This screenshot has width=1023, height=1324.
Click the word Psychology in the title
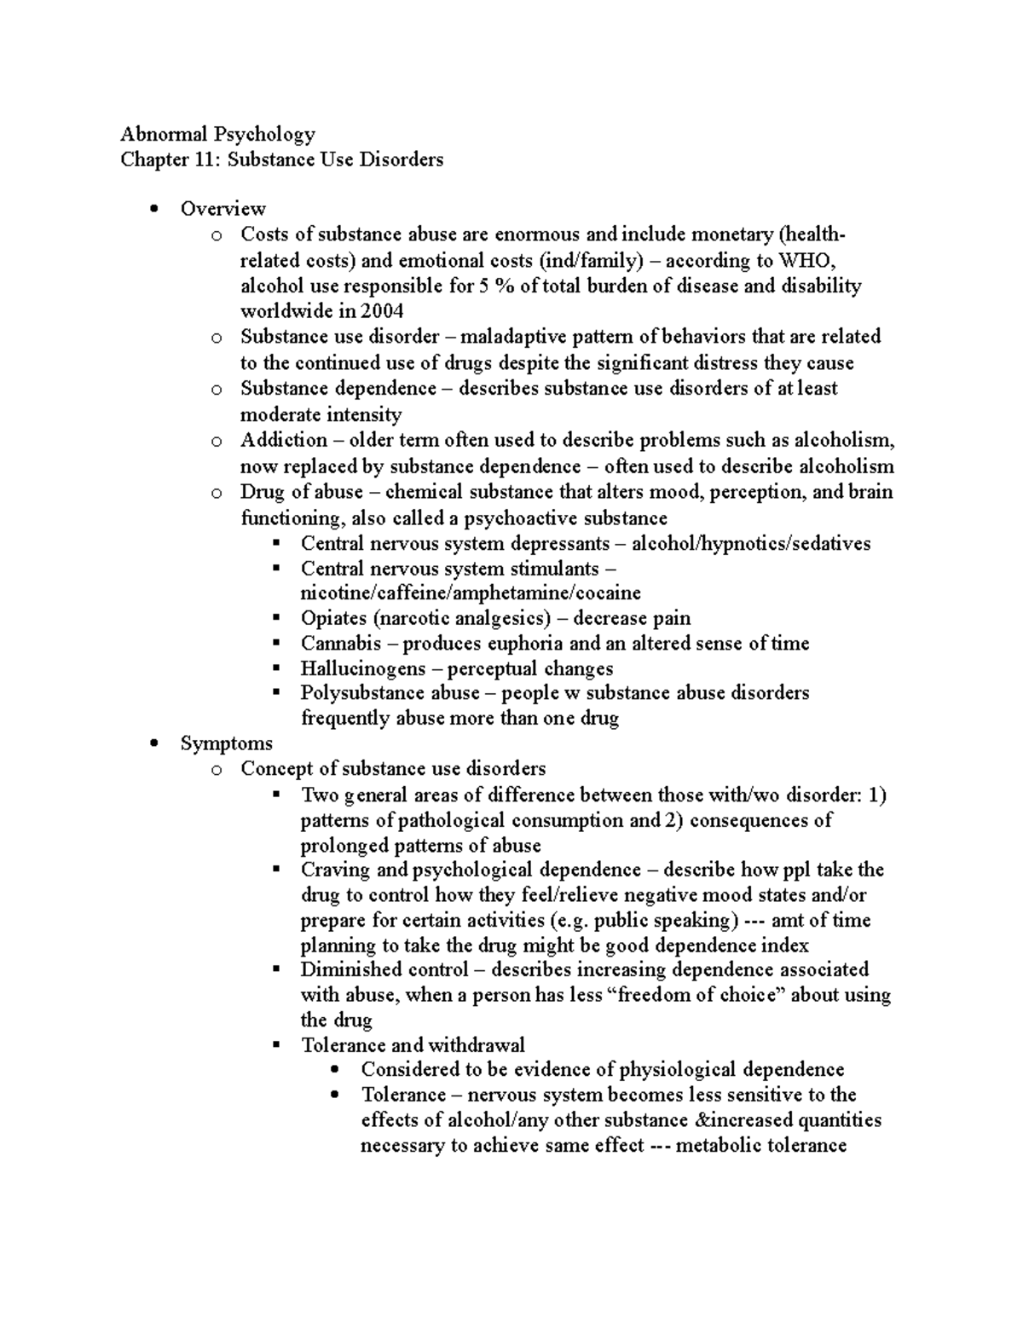(x=264, y=135)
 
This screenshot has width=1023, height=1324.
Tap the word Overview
(x=223, y=209)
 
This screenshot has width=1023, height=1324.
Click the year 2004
(x=384, y=311)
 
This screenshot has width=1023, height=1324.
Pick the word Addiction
(x=283, y=441)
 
